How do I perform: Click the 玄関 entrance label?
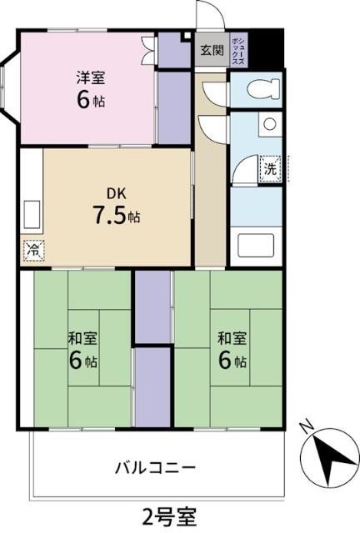212,49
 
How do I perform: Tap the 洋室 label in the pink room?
90,77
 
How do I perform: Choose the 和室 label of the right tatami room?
232,339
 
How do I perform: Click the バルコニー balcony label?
155,466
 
